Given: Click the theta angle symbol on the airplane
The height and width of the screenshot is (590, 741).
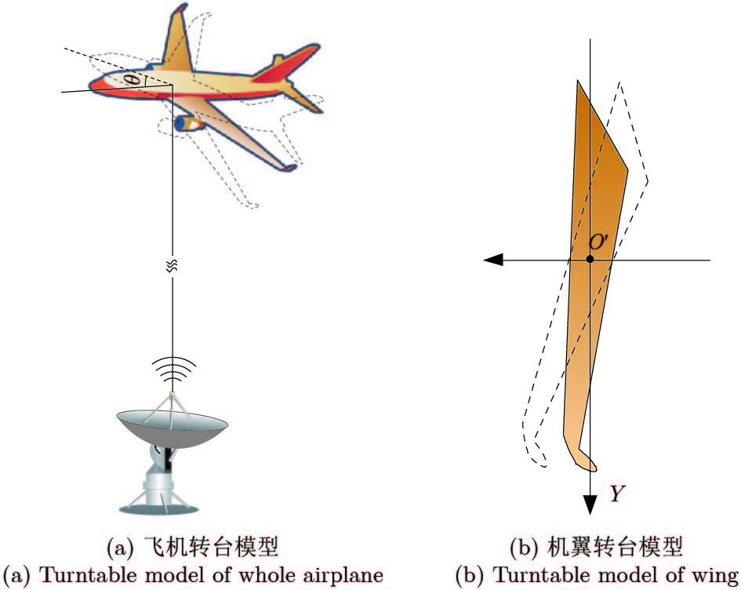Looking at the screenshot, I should (135, 79).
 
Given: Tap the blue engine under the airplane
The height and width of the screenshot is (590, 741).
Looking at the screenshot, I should (186, 122).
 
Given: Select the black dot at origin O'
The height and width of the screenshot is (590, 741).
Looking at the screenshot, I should (590, 259).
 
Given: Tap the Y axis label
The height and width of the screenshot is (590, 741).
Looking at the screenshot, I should (618, 493).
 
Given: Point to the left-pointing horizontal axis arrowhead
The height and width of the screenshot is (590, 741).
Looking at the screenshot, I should (493, 260).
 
